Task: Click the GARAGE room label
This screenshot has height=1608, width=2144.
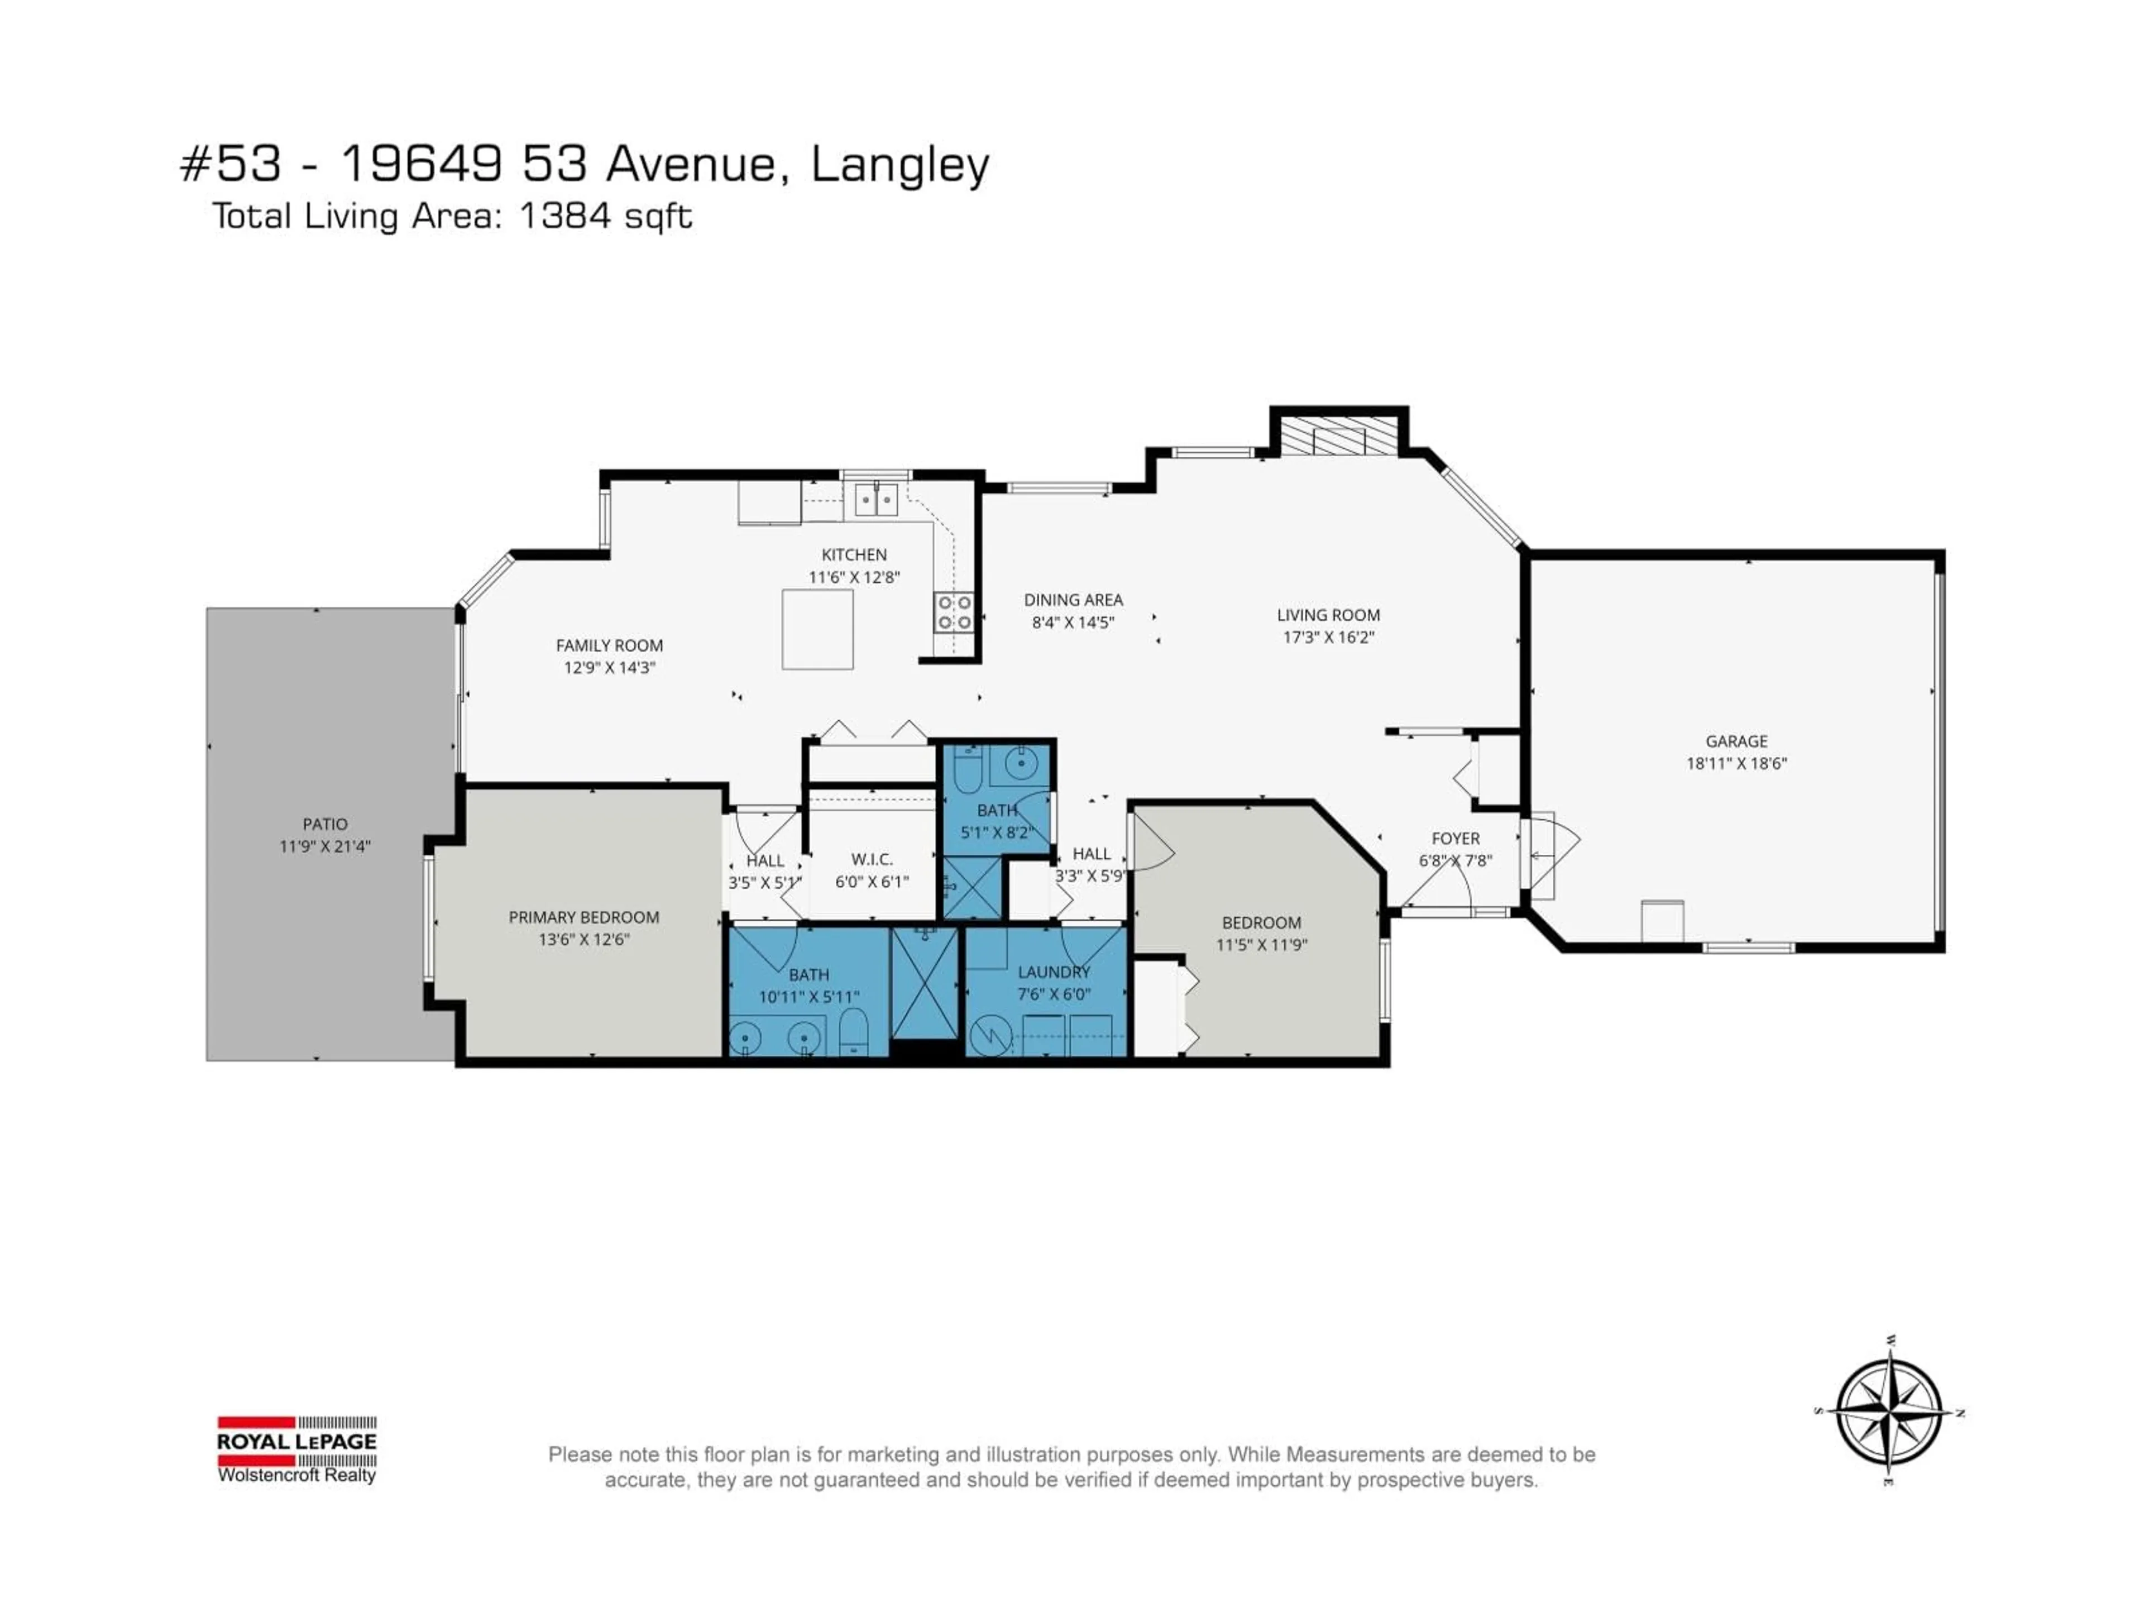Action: tap(1736, 741)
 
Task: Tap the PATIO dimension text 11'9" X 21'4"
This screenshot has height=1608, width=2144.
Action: tap(325, 846)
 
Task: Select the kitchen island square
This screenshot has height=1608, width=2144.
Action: tap(817, 629)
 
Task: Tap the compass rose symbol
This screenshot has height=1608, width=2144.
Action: tap(1888, 1412)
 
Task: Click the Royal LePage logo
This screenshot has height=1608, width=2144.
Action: tap(296, 1448)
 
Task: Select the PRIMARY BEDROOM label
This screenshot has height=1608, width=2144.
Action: tap(583, 917)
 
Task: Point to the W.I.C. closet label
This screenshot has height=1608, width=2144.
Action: tap(872, 860)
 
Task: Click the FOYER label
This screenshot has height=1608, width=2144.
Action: tap(1455, 839)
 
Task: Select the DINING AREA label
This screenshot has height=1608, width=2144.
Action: tap(1073, 600)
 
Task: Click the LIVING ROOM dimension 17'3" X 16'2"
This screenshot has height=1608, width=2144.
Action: tap(1328, 637)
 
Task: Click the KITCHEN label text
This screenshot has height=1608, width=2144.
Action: tap(854, 554)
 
